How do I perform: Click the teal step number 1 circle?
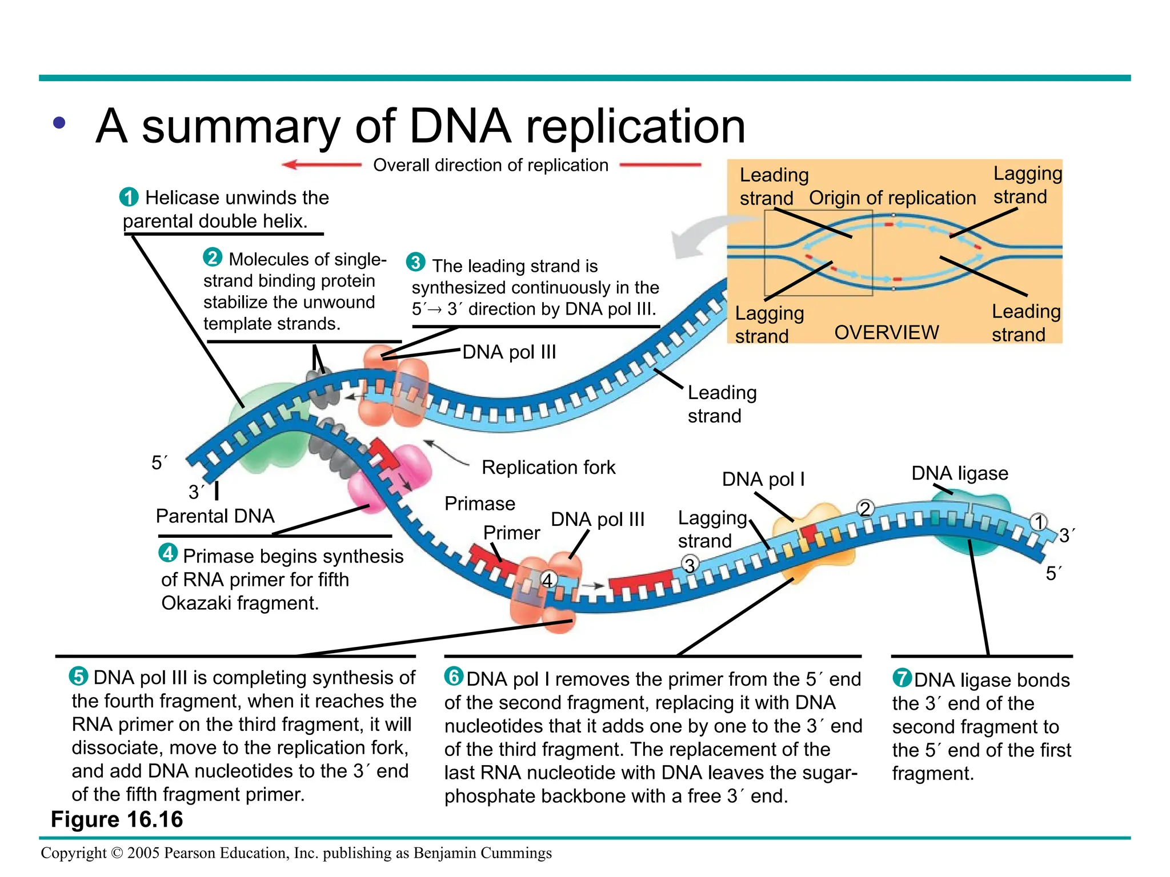point(129,197)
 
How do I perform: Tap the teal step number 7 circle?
point(902,678)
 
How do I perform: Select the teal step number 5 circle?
point(79,677)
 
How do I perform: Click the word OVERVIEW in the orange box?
point(886,332)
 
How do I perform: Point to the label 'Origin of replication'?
point(892,198)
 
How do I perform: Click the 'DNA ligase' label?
point(960,473)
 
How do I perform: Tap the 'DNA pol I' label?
point(763,479)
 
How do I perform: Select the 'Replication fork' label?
point(548,467)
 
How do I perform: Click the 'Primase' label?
point(480,504)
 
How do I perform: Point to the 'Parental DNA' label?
point(215,516)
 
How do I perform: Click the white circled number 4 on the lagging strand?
point(548,580)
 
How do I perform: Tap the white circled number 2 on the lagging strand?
point(866,508)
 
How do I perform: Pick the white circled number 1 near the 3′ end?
point(1039,522)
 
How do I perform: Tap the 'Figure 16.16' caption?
point(117,819)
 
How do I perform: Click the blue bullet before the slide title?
point(59,123)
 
